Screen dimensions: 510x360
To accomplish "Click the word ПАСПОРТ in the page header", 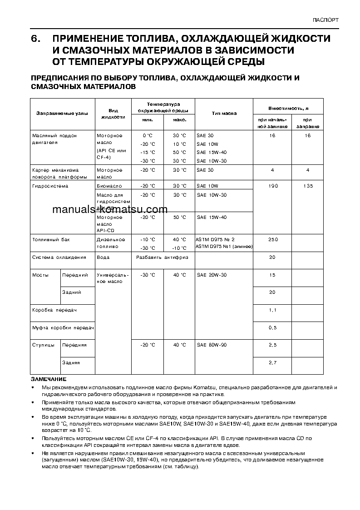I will [x=325, y=20].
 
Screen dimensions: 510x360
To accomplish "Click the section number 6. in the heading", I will [x=36, y=39].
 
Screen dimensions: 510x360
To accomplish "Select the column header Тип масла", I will [x=224, y=114].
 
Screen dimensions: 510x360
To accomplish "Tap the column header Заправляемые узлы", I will [x=62, y=114].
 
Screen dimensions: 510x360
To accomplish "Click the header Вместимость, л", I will [x=288, y=109].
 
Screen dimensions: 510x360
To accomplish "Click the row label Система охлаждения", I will [x=59, y=257].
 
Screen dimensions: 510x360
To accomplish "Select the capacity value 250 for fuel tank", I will [x=272, y=239].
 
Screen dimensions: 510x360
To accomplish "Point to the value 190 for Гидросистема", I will [x=272, y=186].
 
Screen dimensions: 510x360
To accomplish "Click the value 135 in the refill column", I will [x=307, y=186].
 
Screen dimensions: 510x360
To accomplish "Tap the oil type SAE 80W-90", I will [x=212, y=345].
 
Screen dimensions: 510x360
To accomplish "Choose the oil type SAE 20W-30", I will [x=212, y=275].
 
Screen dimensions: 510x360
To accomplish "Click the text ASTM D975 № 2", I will [x=215, y=239].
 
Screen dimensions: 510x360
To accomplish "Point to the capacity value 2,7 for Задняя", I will [x=272, y=362].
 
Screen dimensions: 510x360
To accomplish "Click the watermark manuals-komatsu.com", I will [x=110, y=210].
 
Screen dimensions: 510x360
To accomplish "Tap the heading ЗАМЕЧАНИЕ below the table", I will [x=49, y=379].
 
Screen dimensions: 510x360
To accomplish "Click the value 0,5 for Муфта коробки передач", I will [x=272, y=327].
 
